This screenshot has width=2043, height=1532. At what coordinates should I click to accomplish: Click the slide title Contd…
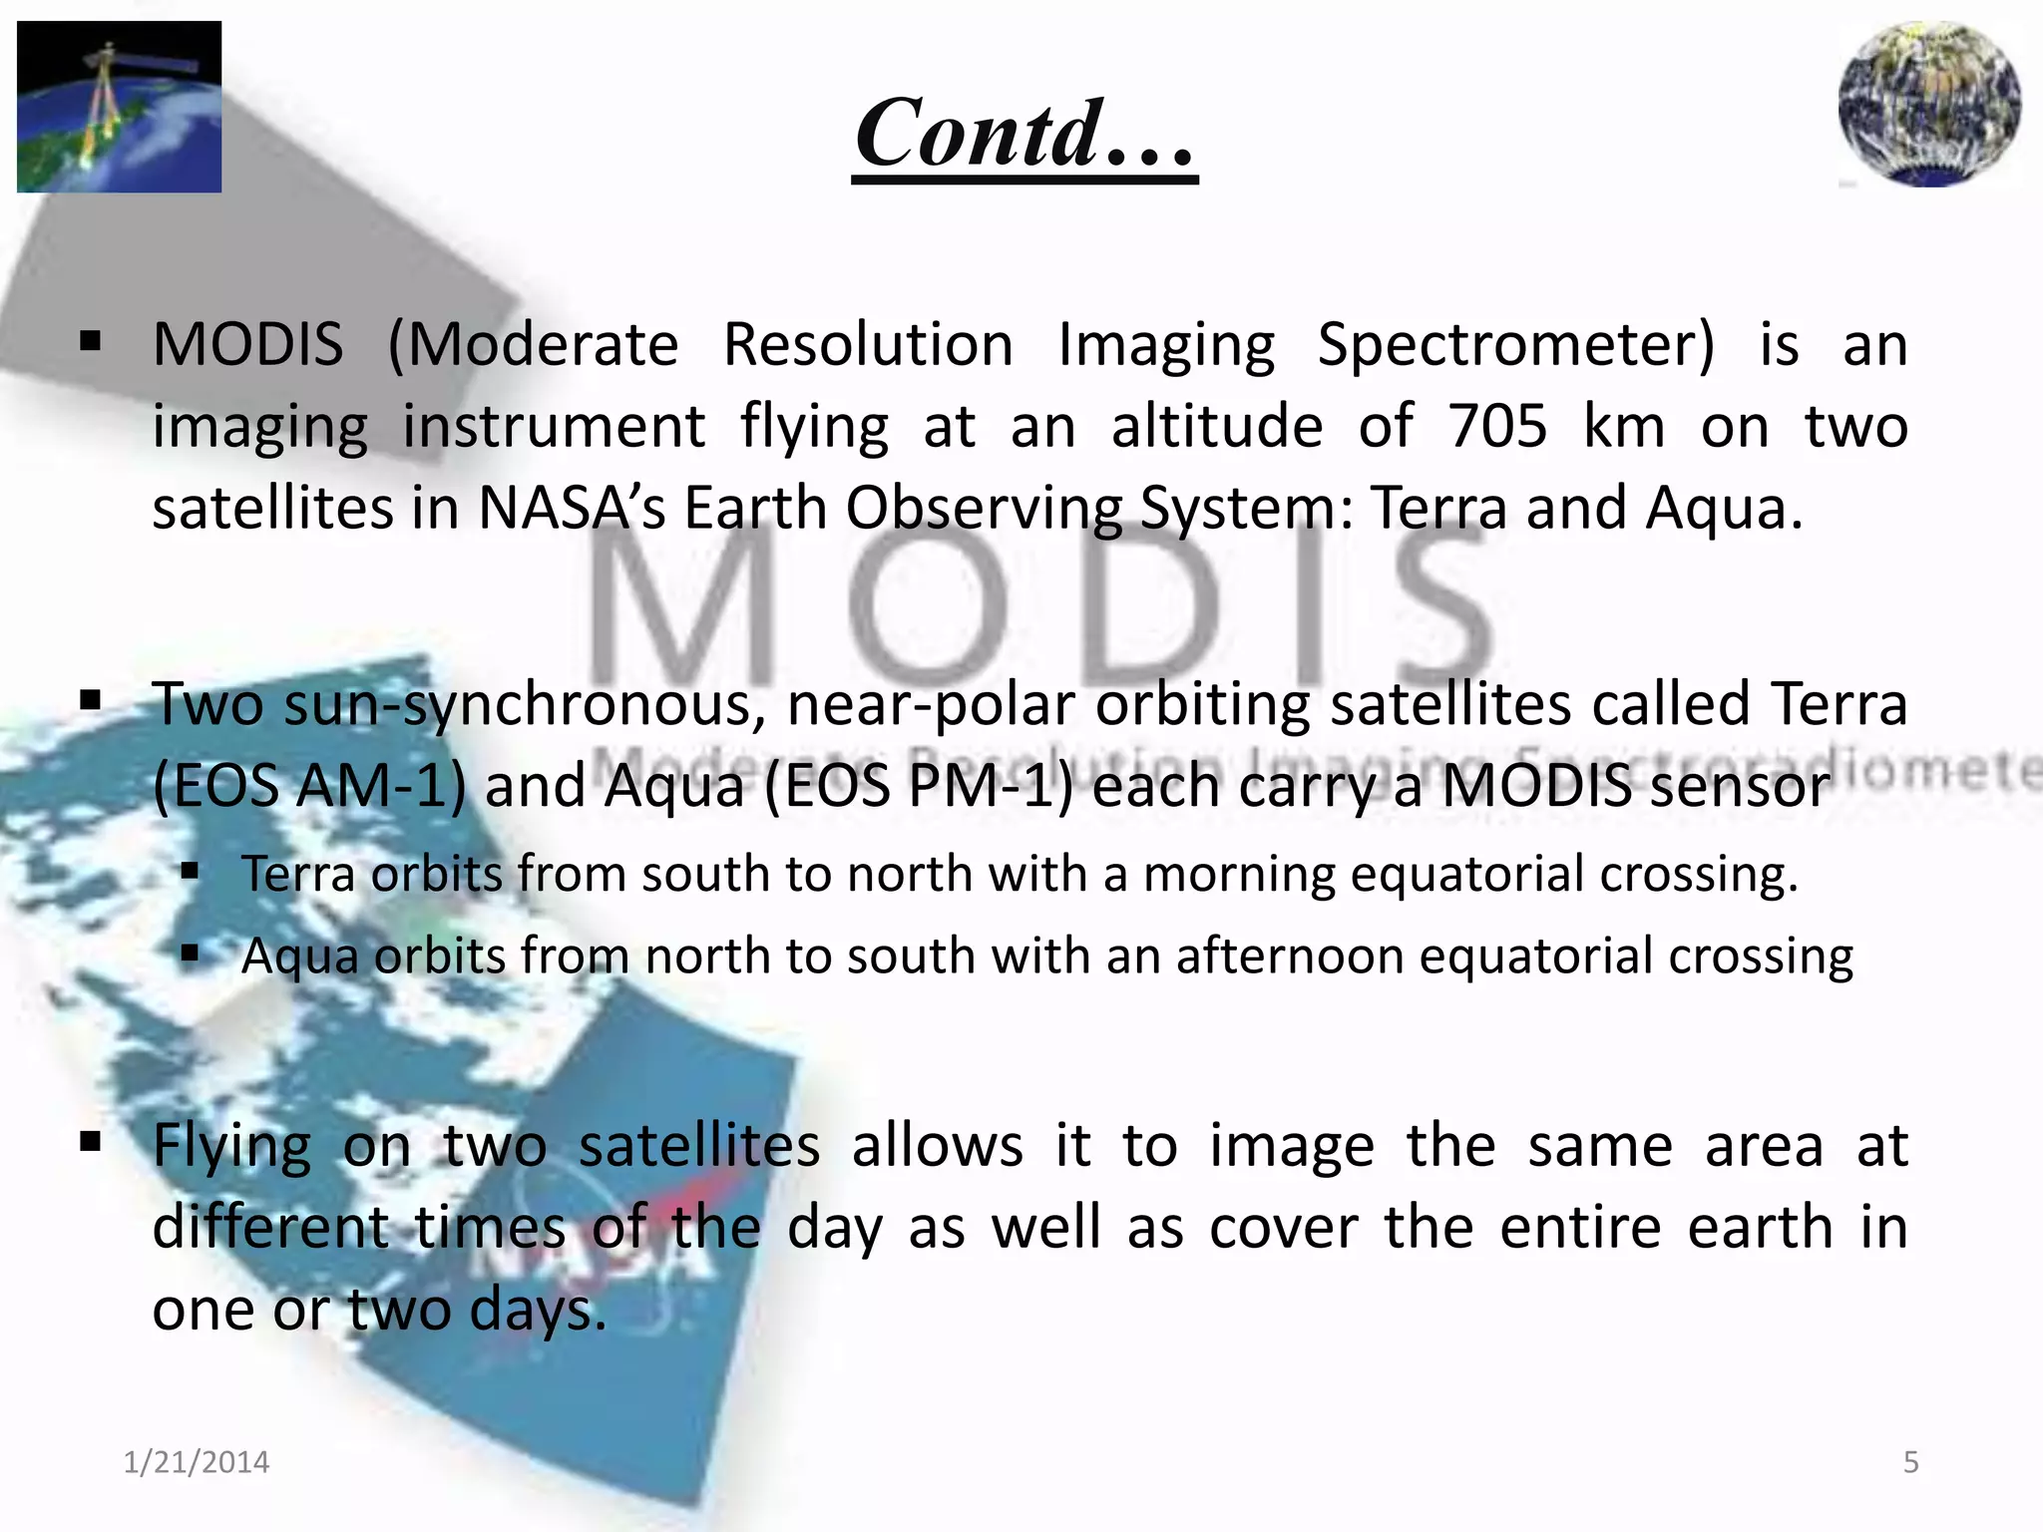[1024, 134]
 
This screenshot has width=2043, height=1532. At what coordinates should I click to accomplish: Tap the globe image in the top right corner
[1929, 104]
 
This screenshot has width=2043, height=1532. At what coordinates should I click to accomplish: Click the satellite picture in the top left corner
[119, 107]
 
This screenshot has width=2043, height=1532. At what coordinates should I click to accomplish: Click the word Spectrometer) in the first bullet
[1515, 345]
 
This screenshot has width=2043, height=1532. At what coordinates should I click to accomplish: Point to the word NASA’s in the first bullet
[572, 509]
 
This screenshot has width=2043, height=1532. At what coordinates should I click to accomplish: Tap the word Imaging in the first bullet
[1166, 345]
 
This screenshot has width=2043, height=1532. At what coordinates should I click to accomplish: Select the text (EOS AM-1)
[309, 786]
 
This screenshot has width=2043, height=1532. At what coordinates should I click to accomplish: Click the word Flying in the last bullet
[231, 1145]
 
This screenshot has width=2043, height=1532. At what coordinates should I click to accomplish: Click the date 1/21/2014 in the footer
[197, 1462]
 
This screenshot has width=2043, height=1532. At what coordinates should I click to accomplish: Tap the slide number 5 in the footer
[1910, 1462]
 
